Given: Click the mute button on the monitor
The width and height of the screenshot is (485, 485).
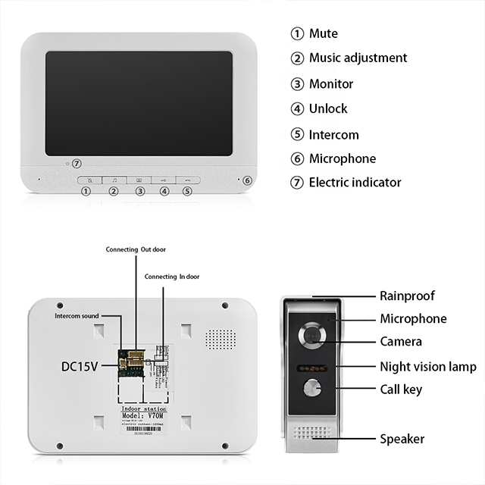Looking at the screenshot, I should coord(89,180).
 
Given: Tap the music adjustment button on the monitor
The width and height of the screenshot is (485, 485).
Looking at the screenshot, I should coord(114,180).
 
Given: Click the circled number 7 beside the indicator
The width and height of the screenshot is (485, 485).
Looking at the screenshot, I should coord(77,163).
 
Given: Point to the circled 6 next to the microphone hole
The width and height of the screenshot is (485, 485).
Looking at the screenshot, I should coord(246,180).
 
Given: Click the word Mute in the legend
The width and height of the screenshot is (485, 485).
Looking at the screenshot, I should coord(324,33).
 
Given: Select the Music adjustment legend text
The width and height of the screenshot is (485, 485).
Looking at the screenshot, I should coord(358,58).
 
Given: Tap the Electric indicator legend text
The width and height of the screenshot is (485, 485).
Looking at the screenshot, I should coord(355,182).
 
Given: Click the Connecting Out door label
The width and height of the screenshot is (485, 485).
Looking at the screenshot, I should coord(137,249).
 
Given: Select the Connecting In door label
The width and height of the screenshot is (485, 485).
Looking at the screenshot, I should coord(173,277).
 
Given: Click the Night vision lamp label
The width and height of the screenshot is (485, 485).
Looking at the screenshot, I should coord(427,367).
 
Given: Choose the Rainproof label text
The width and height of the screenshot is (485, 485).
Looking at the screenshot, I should coord(407,296).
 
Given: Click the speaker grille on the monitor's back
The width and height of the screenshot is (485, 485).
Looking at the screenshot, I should coord(220,338).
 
